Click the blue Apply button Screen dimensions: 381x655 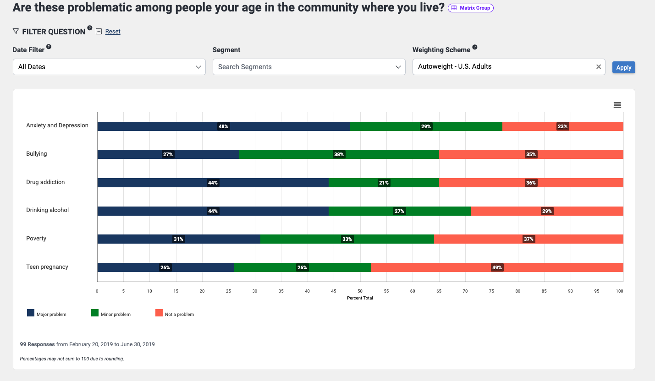point(623,67)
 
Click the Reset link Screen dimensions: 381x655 point(113,32)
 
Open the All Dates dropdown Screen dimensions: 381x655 point(109,67)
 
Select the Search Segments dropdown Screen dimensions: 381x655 point(309,67)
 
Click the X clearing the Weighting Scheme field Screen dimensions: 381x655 point(598,67)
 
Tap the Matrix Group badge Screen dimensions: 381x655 point(471,8)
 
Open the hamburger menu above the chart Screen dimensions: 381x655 point(617,105)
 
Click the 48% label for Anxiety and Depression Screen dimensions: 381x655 point(223,126)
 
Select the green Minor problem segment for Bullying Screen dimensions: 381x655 point(339,154)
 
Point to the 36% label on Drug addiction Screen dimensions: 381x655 point(531,183)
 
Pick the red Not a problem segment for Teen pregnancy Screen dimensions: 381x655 point(497,267)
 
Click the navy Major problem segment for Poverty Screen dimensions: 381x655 point(178,239)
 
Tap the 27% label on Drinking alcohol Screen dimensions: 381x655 point(399,211)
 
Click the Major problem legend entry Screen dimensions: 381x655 point(47,314)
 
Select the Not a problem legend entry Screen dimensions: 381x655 point(175,314)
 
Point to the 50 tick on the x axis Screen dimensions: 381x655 point(360,291)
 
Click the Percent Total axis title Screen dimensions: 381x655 point(360,298)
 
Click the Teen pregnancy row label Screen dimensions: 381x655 point(47,267)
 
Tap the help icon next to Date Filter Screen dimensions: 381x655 point(49,47)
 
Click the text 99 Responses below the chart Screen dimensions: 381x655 point(37,344)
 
